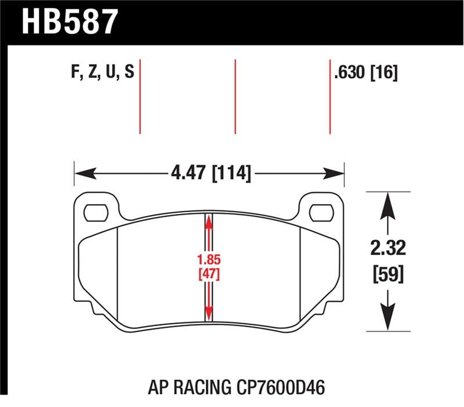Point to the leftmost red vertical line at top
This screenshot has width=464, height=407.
click(140, 96)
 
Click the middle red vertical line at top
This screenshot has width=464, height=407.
click(235, 96)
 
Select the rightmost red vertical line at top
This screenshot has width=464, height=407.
click(330, 96)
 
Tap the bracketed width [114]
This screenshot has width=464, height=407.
click(232, 173)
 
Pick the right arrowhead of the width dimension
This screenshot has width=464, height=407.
click(336, 173)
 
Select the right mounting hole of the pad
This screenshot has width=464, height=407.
click(320, 212)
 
